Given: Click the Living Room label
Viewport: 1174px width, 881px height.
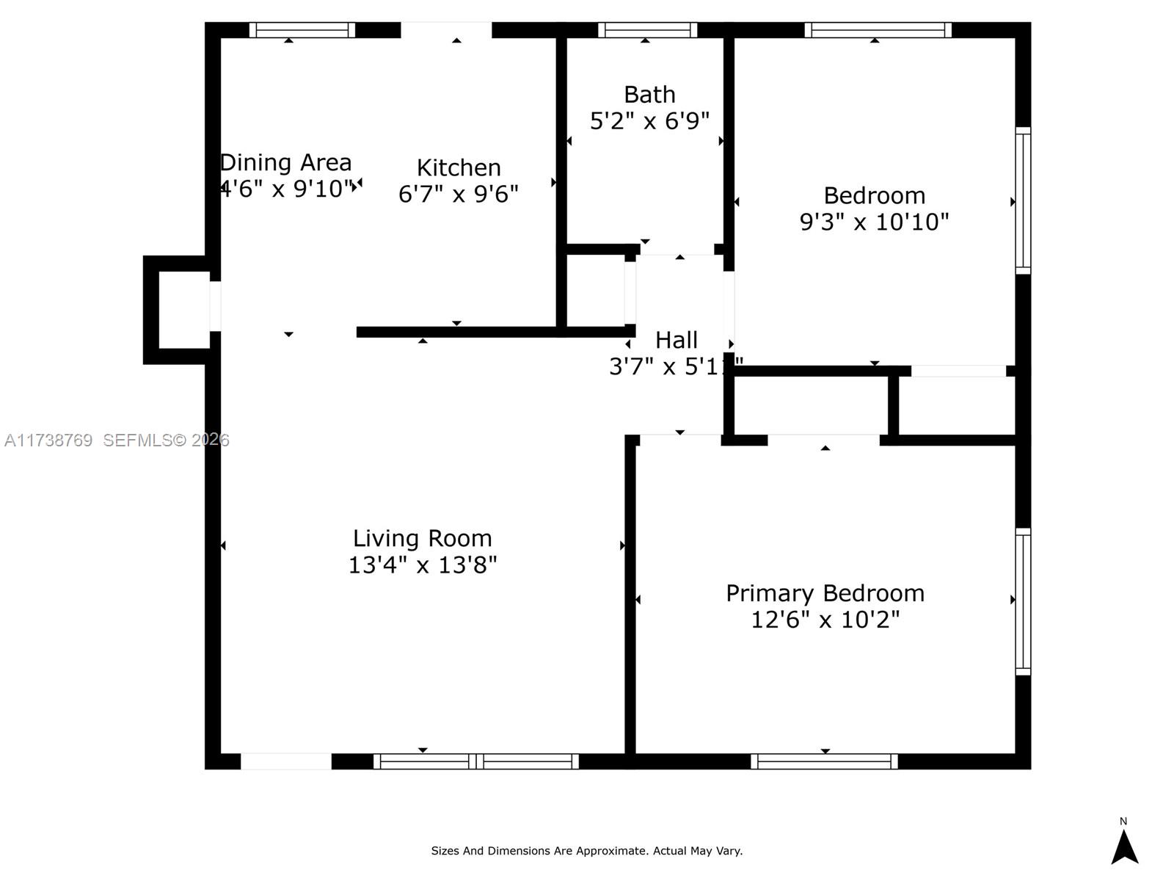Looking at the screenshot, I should click(422, 538).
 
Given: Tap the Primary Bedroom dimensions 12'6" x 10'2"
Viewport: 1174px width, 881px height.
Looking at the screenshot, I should click(825, 620).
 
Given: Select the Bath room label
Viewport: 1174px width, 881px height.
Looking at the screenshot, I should click(649, 95).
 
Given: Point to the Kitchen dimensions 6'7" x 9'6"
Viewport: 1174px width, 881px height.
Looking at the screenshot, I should click(459, 194).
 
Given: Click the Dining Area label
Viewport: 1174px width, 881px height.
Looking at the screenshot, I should click(286, 162).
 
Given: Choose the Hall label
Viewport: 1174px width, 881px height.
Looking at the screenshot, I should click(676, 340).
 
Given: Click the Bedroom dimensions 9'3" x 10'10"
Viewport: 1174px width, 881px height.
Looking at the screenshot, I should click(874, 222).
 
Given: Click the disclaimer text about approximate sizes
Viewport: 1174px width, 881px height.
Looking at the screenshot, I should click(586, 851).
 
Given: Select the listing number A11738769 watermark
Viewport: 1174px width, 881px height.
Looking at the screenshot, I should click(48, 440).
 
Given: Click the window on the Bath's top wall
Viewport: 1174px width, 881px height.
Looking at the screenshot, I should click(647, 30).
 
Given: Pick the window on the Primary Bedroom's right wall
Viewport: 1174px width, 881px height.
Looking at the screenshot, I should click(1022, 601).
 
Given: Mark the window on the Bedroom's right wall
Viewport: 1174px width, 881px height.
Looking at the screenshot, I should click(1022, 200).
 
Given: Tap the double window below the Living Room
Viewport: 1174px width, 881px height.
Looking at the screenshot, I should click(475, 761).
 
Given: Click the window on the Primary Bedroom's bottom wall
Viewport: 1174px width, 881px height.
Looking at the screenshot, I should click(824, 761).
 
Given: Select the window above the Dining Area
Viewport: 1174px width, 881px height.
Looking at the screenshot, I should click(302, 30).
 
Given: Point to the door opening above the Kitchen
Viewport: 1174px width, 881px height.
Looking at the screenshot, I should click(446, 30).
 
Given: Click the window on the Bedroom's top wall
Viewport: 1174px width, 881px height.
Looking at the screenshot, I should click(878, 30).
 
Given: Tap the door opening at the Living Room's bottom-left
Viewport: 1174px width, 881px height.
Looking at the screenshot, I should click(286, 761).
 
